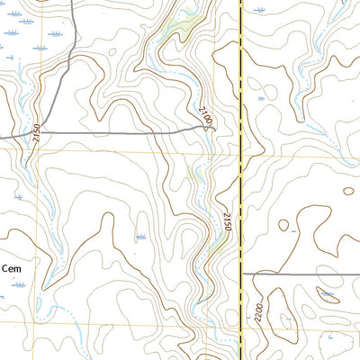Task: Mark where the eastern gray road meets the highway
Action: coord(242,273)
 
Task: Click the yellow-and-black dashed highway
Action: coord(242,180)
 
